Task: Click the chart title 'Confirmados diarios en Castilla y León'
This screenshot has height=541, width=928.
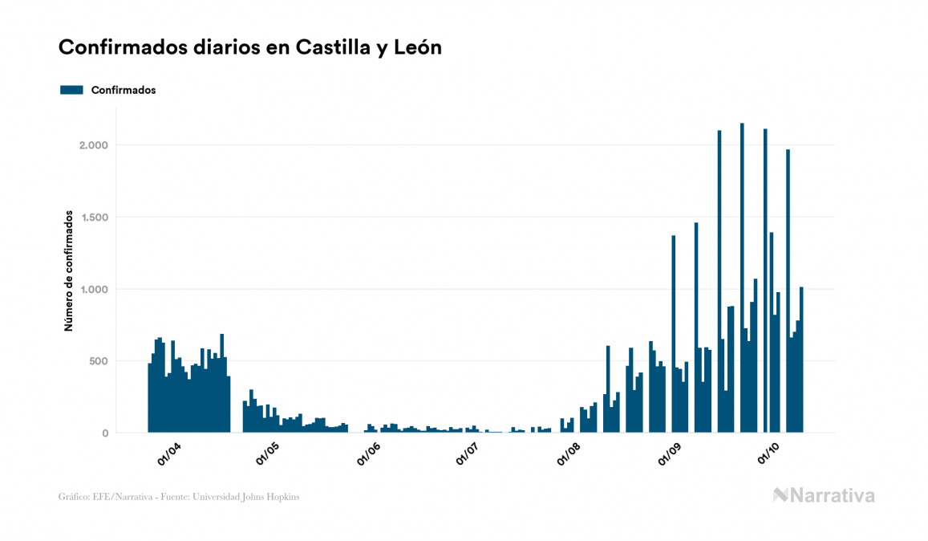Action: tap(250, 48)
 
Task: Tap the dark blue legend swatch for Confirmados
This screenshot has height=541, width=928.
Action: tap(72, 90)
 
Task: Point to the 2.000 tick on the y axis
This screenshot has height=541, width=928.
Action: tap(93, 145)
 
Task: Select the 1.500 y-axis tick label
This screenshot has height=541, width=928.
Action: tap(93, 218)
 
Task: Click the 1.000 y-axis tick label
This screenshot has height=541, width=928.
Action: tap(93, 289)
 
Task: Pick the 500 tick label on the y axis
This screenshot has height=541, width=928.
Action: tap(98, 361)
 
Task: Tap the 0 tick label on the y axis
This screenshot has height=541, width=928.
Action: tap(104, 433)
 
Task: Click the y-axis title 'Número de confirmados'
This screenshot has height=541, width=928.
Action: tap(69, 271)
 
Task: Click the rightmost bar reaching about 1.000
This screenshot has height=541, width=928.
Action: tap(801, 361)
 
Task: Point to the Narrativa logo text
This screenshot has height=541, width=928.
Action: tap(832, 495)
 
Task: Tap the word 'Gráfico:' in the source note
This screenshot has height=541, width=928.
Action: tap(73, 497)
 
